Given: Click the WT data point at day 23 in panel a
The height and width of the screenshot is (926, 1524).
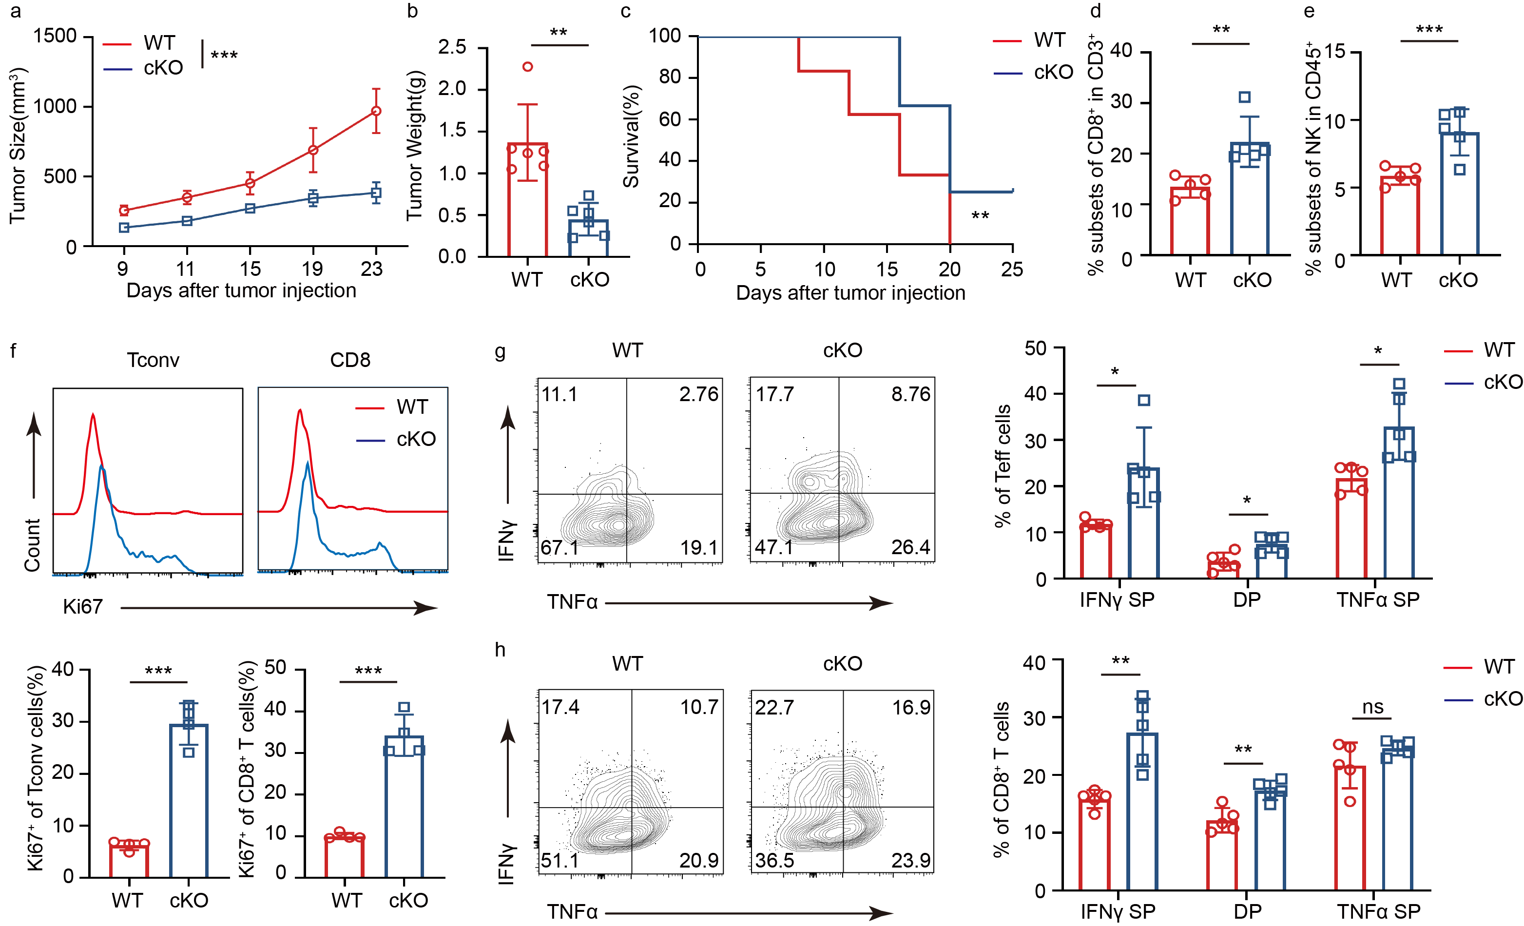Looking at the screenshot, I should [x=375, y=111].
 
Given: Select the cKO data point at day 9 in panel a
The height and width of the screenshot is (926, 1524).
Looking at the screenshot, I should [x=124, y=228].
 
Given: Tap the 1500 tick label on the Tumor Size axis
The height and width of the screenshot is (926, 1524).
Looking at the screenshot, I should [x=55, y=36].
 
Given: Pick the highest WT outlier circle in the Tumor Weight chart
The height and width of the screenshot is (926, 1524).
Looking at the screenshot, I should [x=528, y=67].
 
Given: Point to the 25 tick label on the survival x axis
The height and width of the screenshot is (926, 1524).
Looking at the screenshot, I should [x=1012, y=269].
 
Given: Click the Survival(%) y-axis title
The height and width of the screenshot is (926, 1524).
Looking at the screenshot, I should [x=631, y=136].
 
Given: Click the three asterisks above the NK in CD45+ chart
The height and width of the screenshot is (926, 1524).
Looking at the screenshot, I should [x=1429, y=29].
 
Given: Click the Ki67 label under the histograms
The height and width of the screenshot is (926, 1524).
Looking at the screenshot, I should [x=82, y=607].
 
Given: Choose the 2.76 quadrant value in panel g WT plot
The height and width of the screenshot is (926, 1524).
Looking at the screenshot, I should [x=698, y=394].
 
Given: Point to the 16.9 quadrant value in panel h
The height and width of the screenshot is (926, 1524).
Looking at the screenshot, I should [x=910, y=707].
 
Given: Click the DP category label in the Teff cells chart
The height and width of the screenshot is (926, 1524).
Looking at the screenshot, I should [x=1247, y=599].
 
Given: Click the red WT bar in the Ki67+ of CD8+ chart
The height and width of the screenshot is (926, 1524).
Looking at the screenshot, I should [x=345, y=857].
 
